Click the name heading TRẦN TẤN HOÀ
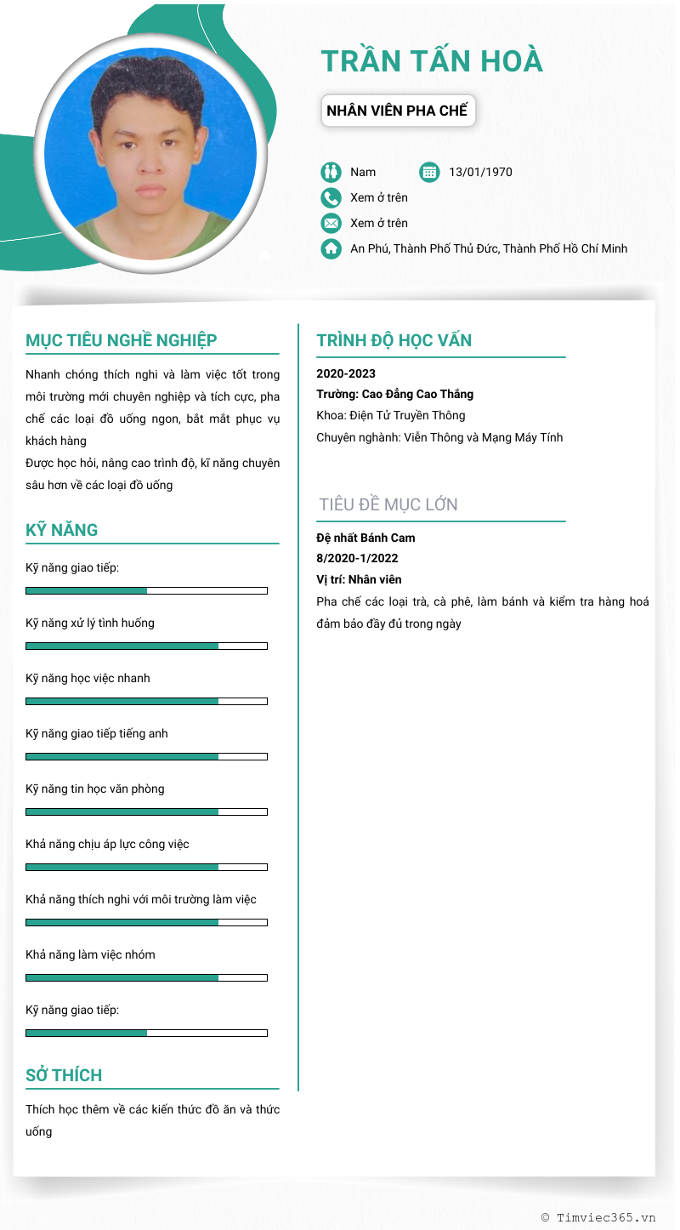[432, 61]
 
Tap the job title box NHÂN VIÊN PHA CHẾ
[397, 111]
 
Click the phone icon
[331, 197]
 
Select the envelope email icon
[331, 223]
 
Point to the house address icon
[331, 248]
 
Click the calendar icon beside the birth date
[430, 172]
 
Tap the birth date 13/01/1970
[480, 172]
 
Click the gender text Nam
[363, 172]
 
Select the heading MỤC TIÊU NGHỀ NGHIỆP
[122, 340]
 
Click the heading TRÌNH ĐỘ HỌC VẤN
[394, 340]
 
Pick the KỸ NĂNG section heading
[62, 530]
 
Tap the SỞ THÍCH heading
[64, 1075]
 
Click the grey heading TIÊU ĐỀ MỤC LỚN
[388, 504]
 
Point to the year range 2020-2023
[346, 373]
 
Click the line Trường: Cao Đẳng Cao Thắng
[394, 394]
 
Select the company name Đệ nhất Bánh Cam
[365, 538]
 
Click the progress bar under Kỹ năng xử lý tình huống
[146, 646]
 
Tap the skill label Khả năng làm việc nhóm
[90, 954]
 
